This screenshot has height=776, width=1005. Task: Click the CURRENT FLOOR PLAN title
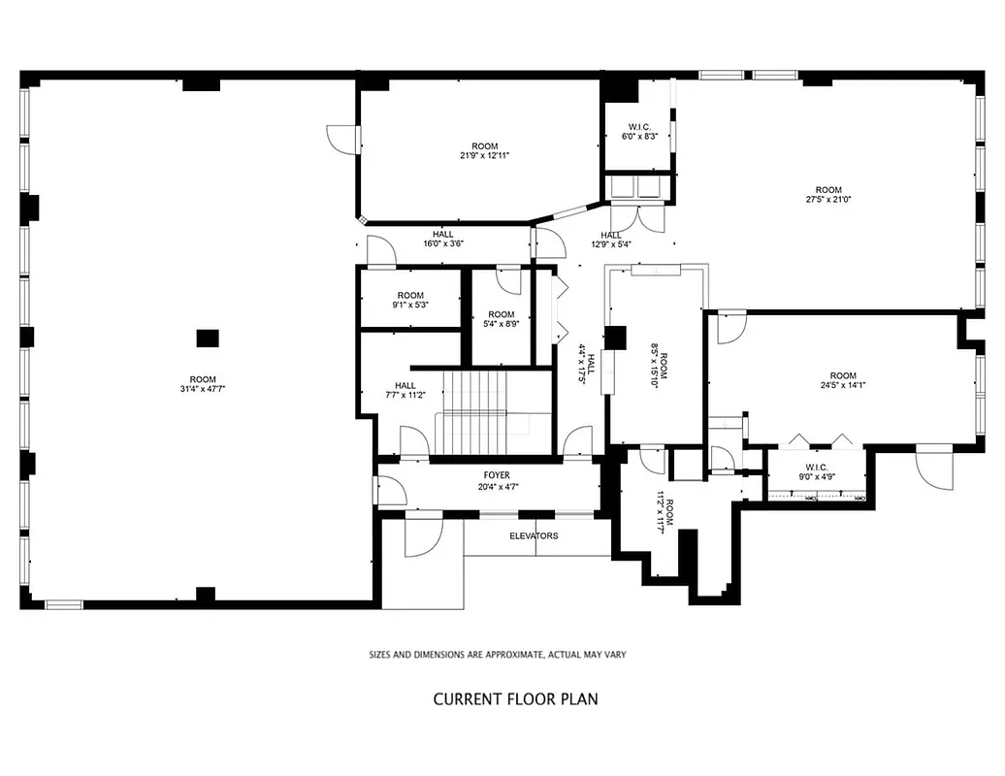(515, 698)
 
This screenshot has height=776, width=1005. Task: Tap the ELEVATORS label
(534, 535)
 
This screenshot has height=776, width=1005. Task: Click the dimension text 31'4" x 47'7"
(202, 389)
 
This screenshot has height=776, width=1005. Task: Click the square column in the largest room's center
(208, 338)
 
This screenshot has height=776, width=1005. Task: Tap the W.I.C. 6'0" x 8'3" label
(640, 132)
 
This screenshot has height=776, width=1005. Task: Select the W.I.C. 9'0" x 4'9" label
(817, 470)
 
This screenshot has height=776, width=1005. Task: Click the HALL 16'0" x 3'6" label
(442, 239)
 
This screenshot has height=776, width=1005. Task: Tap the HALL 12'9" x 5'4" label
(611, 240)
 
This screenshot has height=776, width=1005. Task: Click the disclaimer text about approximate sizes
(497, 655)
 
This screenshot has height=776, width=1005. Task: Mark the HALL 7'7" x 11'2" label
(405, 391)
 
